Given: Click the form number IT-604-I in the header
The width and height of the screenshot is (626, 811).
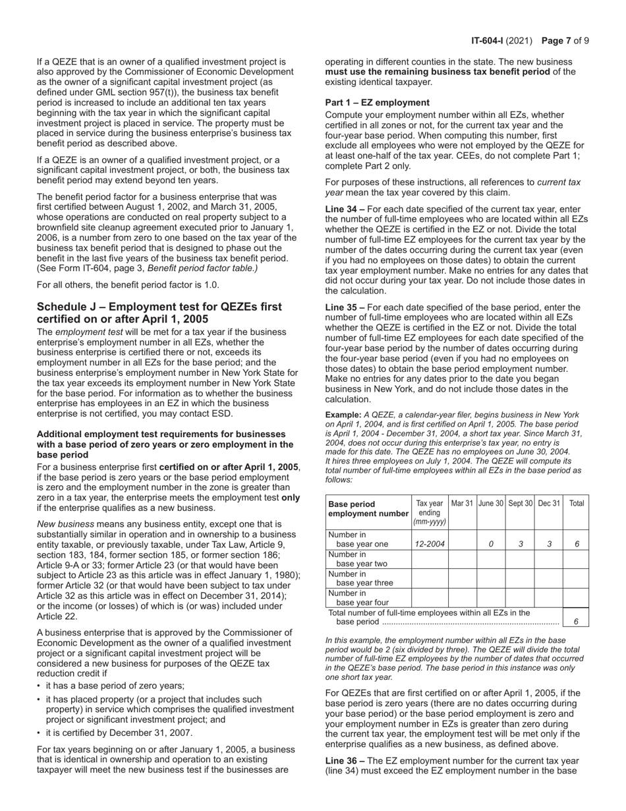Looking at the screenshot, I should click(x=490, y=41).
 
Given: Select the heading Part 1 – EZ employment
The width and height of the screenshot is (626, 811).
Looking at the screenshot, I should click(x=377, y=102).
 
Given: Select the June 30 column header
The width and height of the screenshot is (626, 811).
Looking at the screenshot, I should click(x=490, y=503).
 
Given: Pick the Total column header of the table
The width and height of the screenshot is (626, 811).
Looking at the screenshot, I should click(x=576, y=503).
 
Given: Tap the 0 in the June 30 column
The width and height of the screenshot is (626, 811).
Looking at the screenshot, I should click(x=490, y=545).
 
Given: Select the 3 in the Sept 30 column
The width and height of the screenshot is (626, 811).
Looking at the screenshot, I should click(x=519, y=545).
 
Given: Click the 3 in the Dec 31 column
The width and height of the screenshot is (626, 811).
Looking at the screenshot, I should click(x=548, y=545).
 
